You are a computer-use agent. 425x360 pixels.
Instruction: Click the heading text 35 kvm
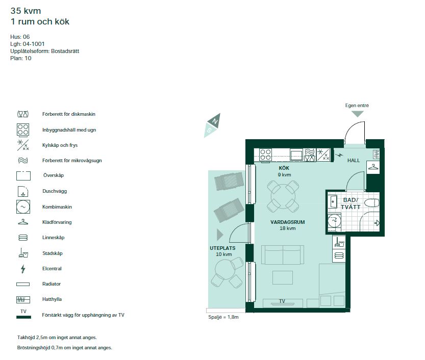tap(26, 10)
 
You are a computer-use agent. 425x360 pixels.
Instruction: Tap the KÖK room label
tap(284, 168)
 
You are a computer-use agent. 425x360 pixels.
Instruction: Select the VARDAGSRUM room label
tap(288, 222)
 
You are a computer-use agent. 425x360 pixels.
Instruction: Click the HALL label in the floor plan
tap(354, 160)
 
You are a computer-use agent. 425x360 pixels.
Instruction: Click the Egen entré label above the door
tap(357, 106)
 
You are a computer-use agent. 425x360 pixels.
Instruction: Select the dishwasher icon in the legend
tap(23, 114)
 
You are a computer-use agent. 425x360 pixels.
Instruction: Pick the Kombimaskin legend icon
tap(23, 207)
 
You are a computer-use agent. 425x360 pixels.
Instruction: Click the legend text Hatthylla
tap(53, 299)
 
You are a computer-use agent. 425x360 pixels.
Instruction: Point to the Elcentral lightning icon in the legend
tap(22, 269)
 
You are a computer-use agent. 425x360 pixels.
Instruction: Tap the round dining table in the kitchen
tap(282, 196)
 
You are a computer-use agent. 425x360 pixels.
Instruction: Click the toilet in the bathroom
tap(372, 203)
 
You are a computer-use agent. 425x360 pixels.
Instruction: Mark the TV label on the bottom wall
tap(282, 301)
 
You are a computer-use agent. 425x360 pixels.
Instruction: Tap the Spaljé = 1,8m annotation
tap(223, 317)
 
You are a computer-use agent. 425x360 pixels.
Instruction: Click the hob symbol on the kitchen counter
tap(265, 155)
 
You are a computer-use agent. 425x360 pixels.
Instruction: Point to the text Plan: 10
tap(21, 58)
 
